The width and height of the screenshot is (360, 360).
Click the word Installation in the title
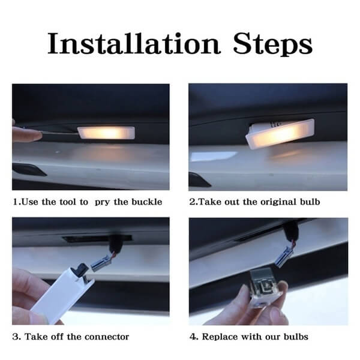134,43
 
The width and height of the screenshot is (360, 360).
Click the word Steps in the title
272,44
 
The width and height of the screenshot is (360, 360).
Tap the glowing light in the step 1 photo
106,133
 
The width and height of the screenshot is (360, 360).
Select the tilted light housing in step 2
280,134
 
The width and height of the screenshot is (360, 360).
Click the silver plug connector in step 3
101,263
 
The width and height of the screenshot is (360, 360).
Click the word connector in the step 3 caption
107,337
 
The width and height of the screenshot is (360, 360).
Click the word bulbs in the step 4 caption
296,337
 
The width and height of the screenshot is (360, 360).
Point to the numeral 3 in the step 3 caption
16,337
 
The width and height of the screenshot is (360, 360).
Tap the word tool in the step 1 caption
67,202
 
